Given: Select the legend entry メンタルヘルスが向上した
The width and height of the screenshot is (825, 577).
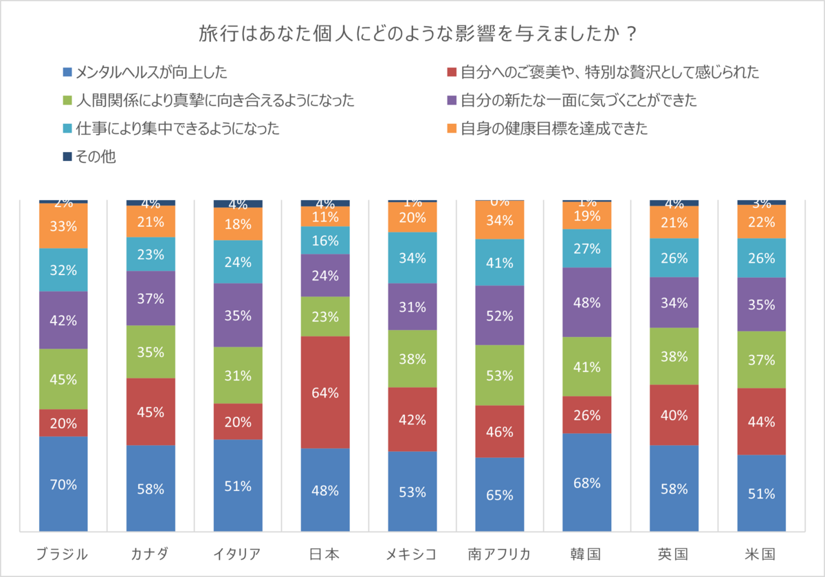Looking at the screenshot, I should [144, 72].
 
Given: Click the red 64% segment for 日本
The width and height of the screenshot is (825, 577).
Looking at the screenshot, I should [325, 393].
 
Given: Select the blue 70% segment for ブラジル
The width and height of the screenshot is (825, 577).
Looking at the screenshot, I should [63, 484].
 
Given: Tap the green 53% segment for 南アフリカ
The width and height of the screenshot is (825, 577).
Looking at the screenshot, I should [500, 375].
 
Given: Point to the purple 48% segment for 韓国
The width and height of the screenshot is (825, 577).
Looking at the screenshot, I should [587, 303].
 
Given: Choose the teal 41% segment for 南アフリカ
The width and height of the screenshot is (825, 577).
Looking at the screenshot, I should [500, 262].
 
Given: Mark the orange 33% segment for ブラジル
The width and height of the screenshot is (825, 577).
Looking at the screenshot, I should [63, 226].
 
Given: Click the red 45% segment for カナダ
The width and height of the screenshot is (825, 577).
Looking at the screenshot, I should [151, 412].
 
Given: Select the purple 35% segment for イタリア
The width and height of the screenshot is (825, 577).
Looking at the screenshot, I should [238, 315].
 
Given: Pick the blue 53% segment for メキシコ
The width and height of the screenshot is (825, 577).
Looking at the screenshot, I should [412, 492].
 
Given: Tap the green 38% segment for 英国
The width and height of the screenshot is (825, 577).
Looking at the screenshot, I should [674, 356].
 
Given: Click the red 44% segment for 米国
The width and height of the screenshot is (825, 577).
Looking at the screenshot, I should [762, 422].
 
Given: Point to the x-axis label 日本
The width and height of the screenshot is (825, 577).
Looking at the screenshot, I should [325, 554].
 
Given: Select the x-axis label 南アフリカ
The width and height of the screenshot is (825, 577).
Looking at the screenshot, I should [500, 554].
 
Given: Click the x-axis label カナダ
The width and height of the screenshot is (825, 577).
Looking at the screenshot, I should [151, 554].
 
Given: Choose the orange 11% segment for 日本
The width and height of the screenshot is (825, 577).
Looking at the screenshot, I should [325, 217].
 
